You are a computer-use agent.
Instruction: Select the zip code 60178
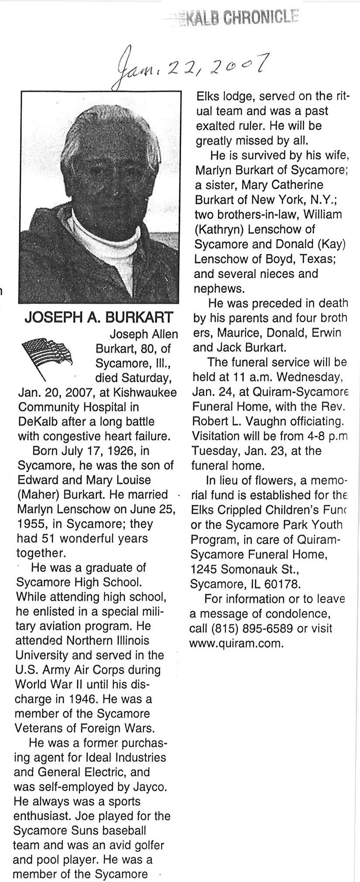285,584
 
